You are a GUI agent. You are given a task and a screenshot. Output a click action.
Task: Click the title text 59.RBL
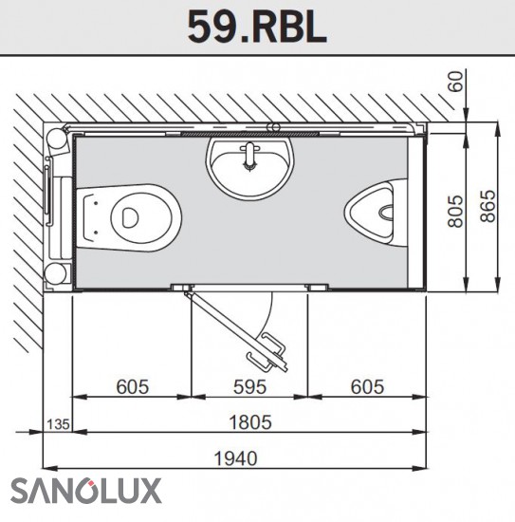(257, 28)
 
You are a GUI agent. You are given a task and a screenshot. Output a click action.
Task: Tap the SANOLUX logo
(85, 491)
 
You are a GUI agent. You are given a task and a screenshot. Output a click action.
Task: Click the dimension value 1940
(235, 458)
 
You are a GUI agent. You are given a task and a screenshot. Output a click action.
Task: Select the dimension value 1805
(250, 421)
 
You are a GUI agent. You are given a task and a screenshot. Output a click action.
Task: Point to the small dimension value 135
(58, 424)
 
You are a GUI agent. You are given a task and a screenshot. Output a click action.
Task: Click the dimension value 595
(249, 386)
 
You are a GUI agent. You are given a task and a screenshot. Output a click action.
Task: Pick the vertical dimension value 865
(487, 206)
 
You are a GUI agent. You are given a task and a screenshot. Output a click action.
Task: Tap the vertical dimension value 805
(455, 211)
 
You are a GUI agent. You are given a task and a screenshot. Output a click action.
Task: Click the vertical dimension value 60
(455, 82)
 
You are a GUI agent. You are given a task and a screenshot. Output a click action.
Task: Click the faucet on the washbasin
(249, 156)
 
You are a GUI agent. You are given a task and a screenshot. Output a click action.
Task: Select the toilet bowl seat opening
(129, 217)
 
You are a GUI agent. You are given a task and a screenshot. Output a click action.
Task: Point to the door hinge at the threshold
(187, 293)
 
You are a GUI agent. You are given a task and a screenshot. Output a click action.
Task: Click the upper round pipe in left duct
(57, 139)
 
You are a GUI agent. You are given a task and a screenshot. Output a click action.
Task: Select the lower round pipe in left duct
(57, 273)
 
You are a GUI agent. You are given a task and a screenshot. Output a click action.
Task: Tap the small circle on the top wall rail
(275, 126)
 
